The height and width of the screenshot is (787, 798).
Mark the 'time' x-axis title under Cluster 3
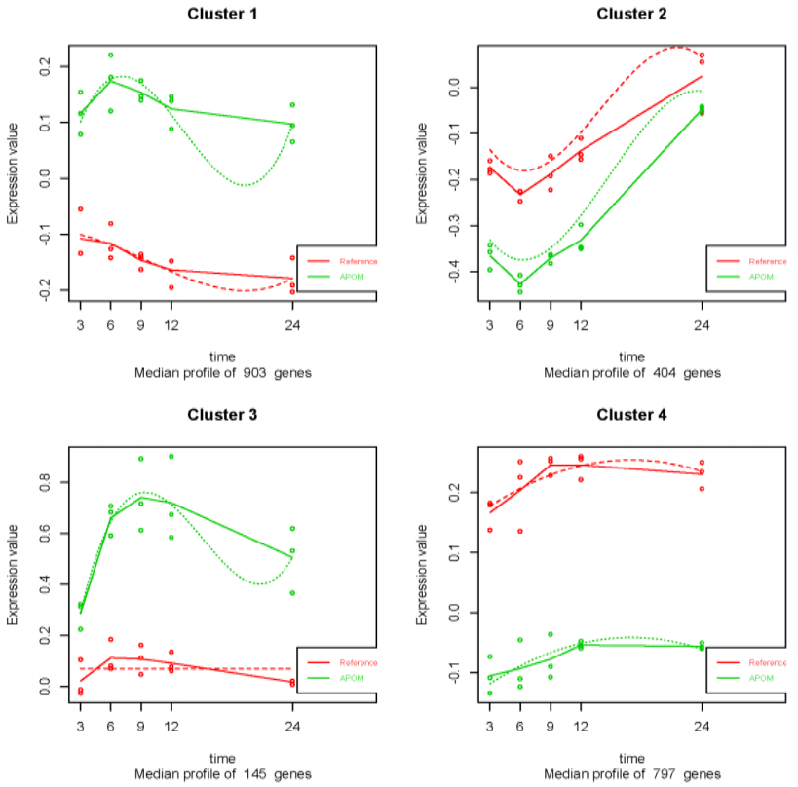point(223,758)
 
